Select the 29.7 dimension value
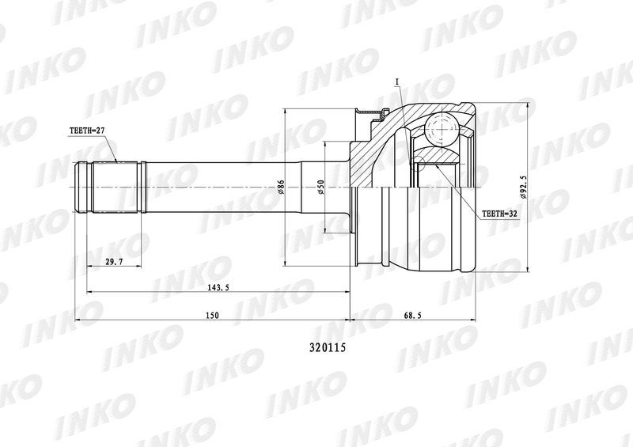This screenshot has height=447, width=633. [x=114, y=262]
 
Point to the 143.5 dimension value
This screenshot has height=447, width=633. [x=215, y=287]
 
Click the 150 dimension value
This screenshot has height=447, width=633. [x=212, y=316]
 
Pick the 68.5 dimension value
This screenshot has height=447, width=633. [x=412, y=316]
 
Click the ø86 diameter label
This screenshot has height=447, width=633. [x=282, y=187]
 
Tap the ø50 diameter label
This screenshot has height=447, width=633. [x=321, y=187]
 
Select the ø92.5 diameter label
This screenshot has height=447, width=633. [x=525, y=187]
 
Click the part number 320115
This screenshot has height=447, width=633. [x=328, y=347]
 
